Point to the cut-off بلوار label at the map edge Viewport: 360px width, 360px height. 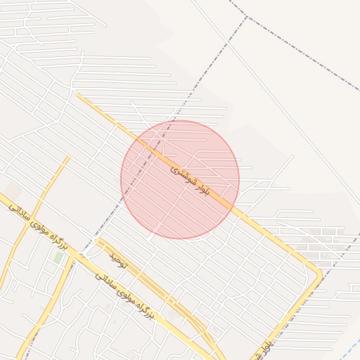point(266,346)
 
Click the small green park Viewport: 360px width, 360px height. point(58,257)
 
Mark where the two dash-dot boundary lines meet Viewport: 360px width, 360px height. point(247,15)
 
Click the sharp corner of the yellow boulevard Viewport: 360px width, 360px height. point(320,273)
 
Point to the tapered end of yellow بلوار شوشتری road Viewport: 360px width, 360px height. point(78,96)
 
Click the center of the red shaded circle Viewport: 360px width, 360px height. point(180,179)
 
